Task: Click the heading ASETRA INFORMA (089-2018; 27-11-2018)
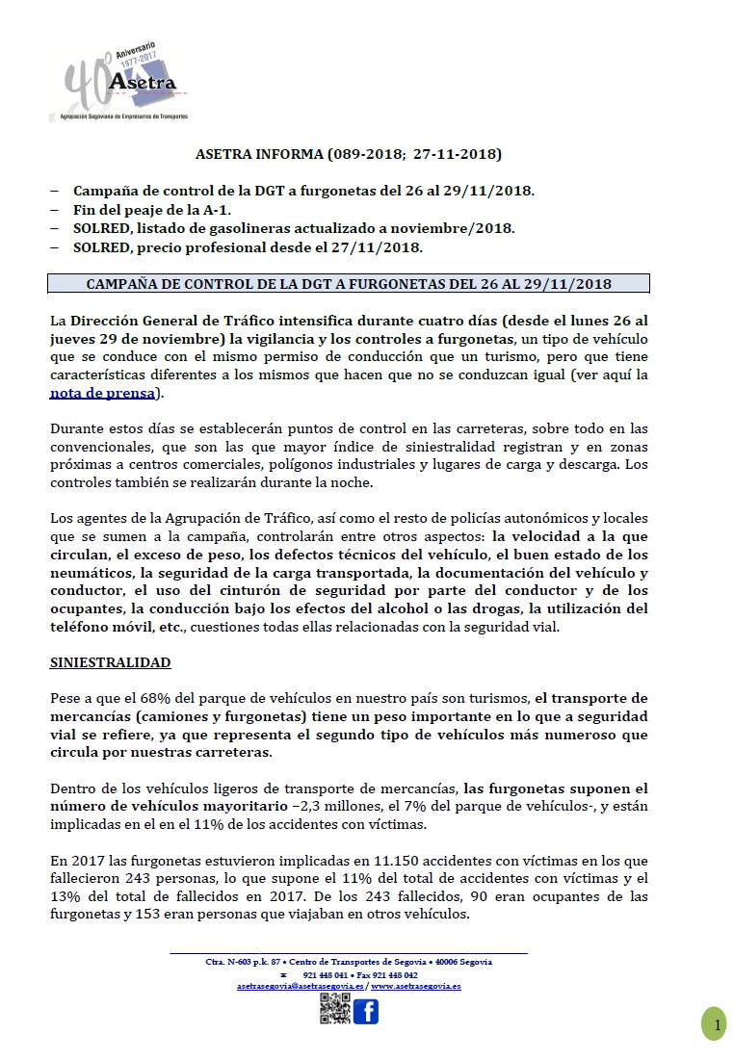click(349, 153)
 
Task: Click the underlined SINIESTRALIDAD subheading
click(110, 663)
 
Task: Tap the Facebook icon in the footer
click(365, 1012)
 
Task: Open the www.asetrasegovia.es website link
click(415, 987)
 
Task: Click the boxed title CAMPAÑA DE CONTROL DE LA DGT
click(349, 284)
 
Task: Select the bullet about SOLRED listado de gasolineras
click(294, 228)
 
